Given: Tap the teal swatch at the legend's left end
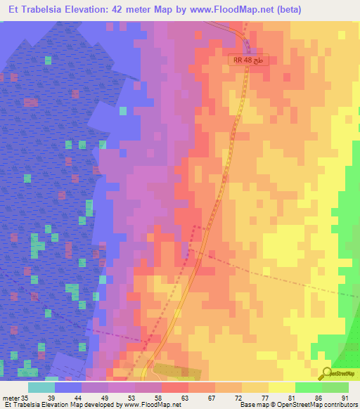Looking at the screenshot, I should [41, 387].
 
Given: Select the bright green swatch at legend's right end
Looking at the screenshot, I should [335, 387].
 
